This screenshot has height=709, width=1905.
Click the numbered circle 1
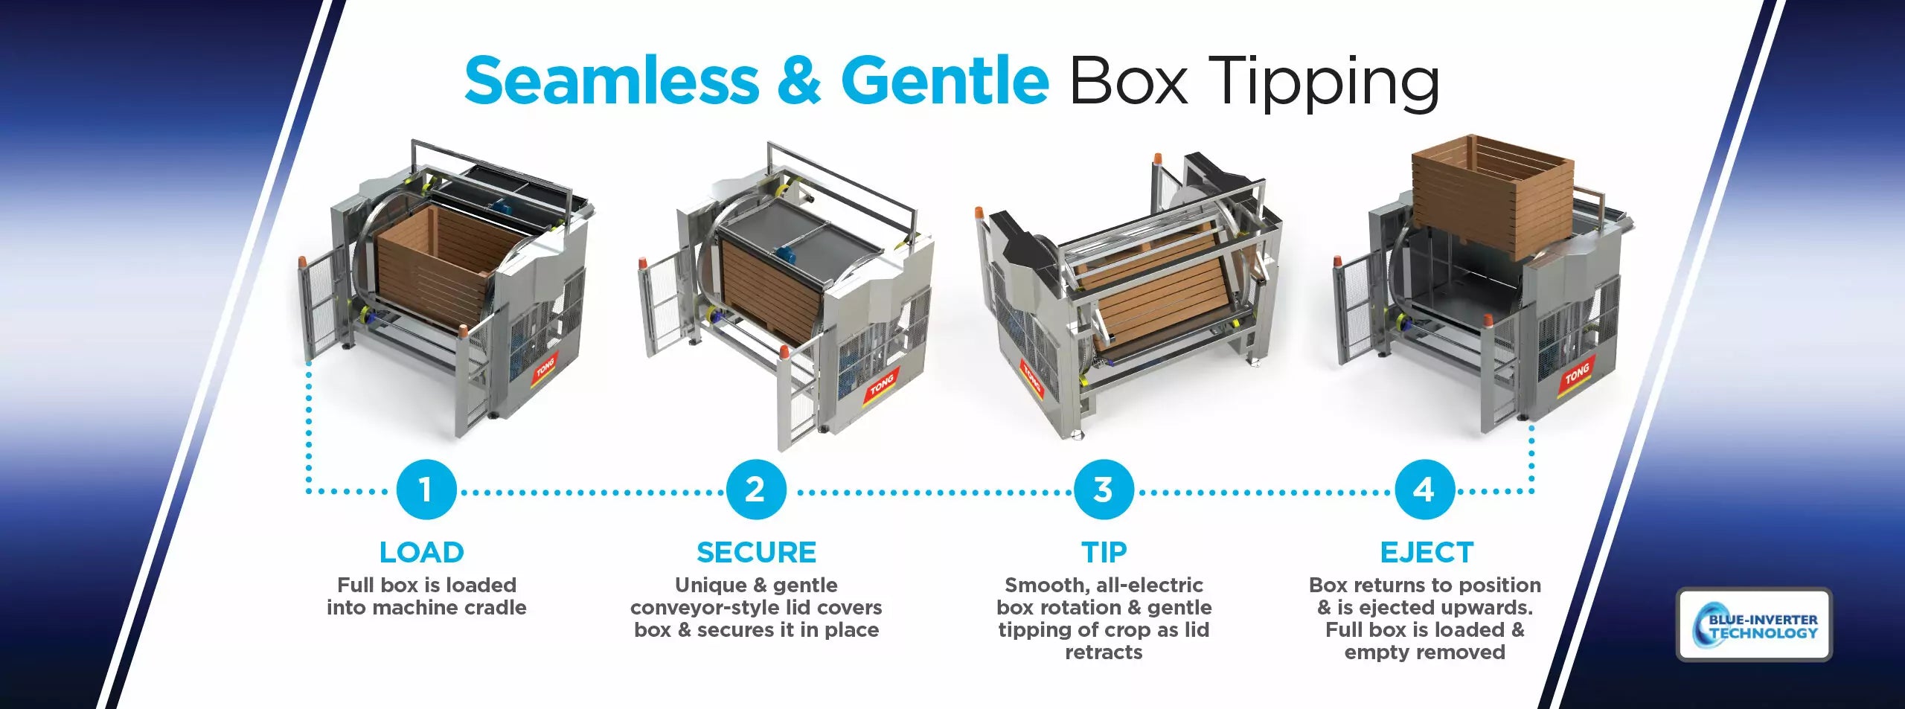click(x=426, y=490)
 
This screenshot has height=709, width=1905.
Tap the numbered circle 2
click(x=756, y=490)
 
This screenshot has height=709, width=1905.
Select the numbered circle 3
click(x=1104, y=490)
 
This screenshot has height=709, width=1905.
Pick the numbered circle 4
click(x=1424, y=490)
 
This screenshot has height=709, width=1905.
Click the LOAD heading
click(x=422, y=553)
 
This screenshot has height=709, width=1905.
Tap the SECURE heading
click(x=756, y=553)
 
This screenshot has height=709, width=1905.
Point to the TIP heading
click(x=1104, y=553)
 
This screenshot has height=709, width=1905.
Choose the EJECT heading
click(x=1427, y=553)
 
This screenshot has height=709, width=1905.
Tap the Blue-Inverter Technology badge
click(x=1754, y=624)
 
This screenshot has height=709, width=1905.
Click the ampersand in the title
click(x=800, y=80)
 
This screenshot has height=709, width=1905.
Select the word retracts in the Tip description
click(x=1104, y=652)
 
